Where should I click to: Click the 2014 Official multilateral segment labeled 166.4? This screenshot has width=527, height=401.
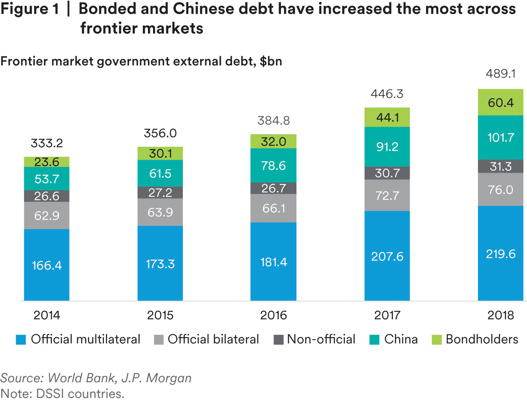pyautogui.click(x=47, y=265)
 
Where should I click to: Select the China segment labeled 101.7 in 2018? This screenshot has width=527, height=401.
pyautogui.click(x=500, y=137)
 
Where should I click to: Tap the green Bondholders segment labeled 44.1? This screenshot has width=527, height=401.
pyautogui.click(x=387, y=117)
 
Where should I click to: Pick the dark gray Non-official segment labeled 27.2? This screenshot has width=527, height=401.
pyautogui.click(x=160, y=193)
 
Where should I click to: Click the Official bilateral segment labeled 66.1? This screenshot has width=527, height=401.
pyautogui.click(x=274, y=208)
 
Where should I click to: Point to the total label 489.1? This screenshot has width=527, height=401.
pyautogui.click(x=500, y=74)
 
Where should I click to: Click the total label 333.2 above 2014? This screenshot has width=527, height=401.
pyautogui.click(x=47, y=143)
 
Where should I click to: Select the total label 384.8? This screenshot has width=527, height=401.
pyautogui.click(x=274, y=120)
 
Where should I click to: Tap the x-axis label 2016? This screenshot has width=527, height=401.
pyautogui.click(x=274, y=315)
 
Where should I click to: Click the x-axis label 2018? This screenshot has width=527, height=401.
pyautogui.click(x=500, y=315)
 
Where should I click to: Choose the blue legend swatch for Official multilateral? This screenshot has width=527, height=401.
pyautogui.click(x=21, y=340)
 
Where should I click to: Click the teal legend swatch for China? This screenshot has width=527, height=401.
pyautogui.click(x=374, y=340)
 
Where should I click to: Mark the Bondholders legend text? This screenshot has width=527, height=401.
pyautogui.click(x=482, y=339)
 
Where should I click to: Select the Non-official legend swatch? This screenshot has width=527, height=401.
pyautogui.click(x=278, y=340)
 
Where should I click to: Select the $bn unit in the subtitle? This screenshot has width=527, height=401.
pyautogui.click(x=271, y=62)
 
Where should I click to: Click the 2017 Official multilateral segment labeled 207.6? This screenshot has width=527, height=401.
pyautogui.click(x=387, y=256)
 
